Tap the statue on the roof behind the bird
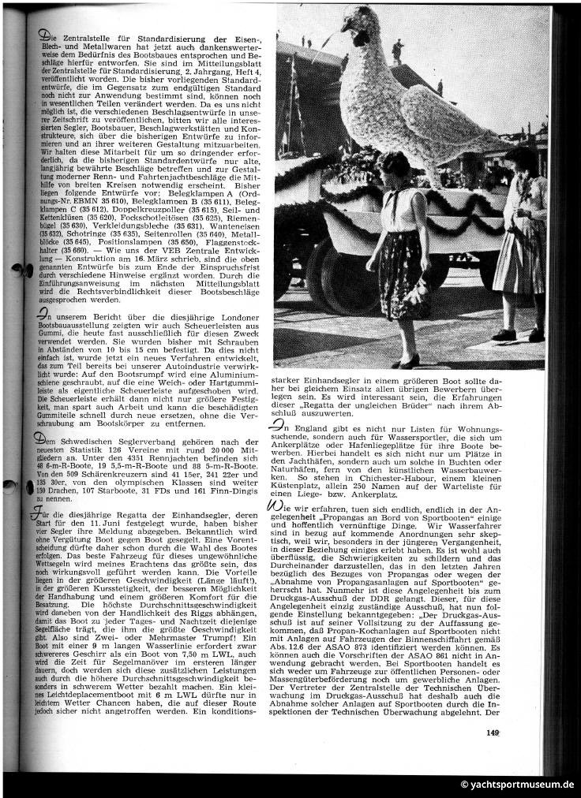pos(397,50)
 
